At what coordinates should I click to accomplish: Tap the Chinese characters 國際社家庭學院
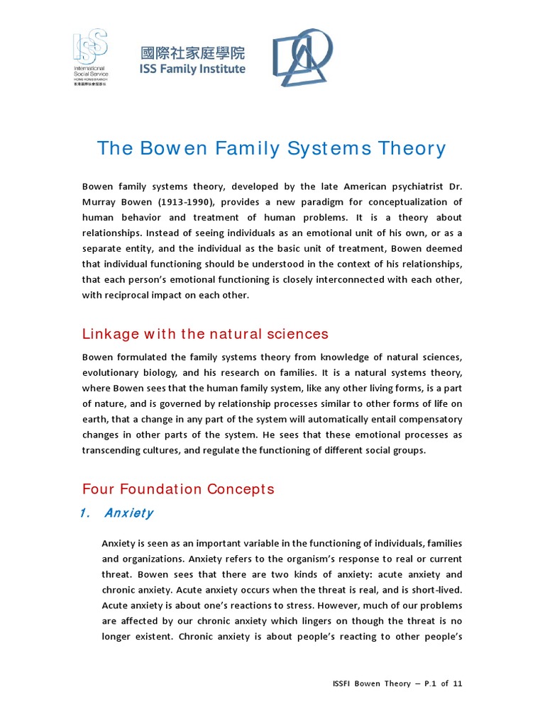click(x=193, y=53)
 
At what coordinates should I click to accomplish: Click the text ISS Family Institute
click(x=193, y=69)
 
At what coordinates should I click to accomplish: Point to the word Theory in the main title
click(x=413, y=148)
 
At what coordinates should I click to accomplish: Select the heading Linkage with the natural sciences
click(x=206, y=333)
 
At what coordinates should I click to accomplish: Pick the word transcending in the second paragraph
click(x=116, y=450)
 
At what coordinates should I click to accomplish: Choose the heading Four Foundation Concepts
click(x=178, y=489)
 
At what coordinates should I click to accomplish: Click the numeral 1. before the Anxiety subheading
click(x=86, y=513)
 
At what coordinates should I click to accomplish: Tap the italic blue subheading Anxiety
click(x=128, y=513)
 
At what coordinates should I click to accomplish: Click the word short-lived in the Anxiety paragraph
click(x=436, y=590)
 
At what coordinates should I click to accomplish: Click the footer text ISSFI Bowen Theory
click(x=371, y=683)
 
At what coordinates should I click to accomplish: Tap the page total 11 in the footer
click(x=457, y=683)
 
